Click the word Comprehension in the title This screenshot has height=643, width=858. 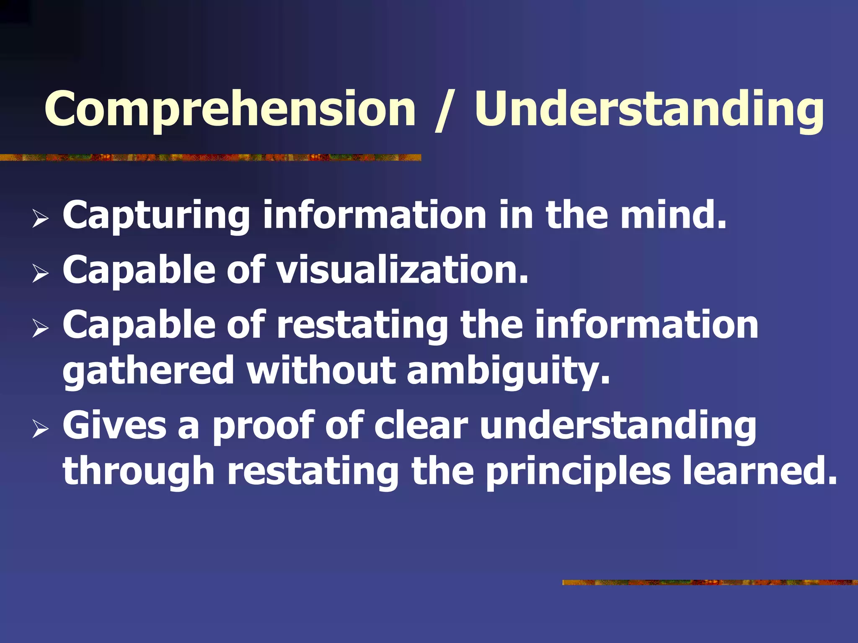[230, 109]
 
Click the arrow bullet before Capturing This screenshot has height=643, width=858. [40, 219]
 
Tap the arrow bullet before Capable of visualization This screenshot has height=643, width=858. [40, 274]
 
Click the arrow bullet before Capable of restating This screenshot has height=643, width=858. [40, 329]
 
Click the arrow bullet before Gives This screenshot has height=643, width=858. [40, 429]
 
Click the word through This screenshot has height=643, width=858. [139, 472]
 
